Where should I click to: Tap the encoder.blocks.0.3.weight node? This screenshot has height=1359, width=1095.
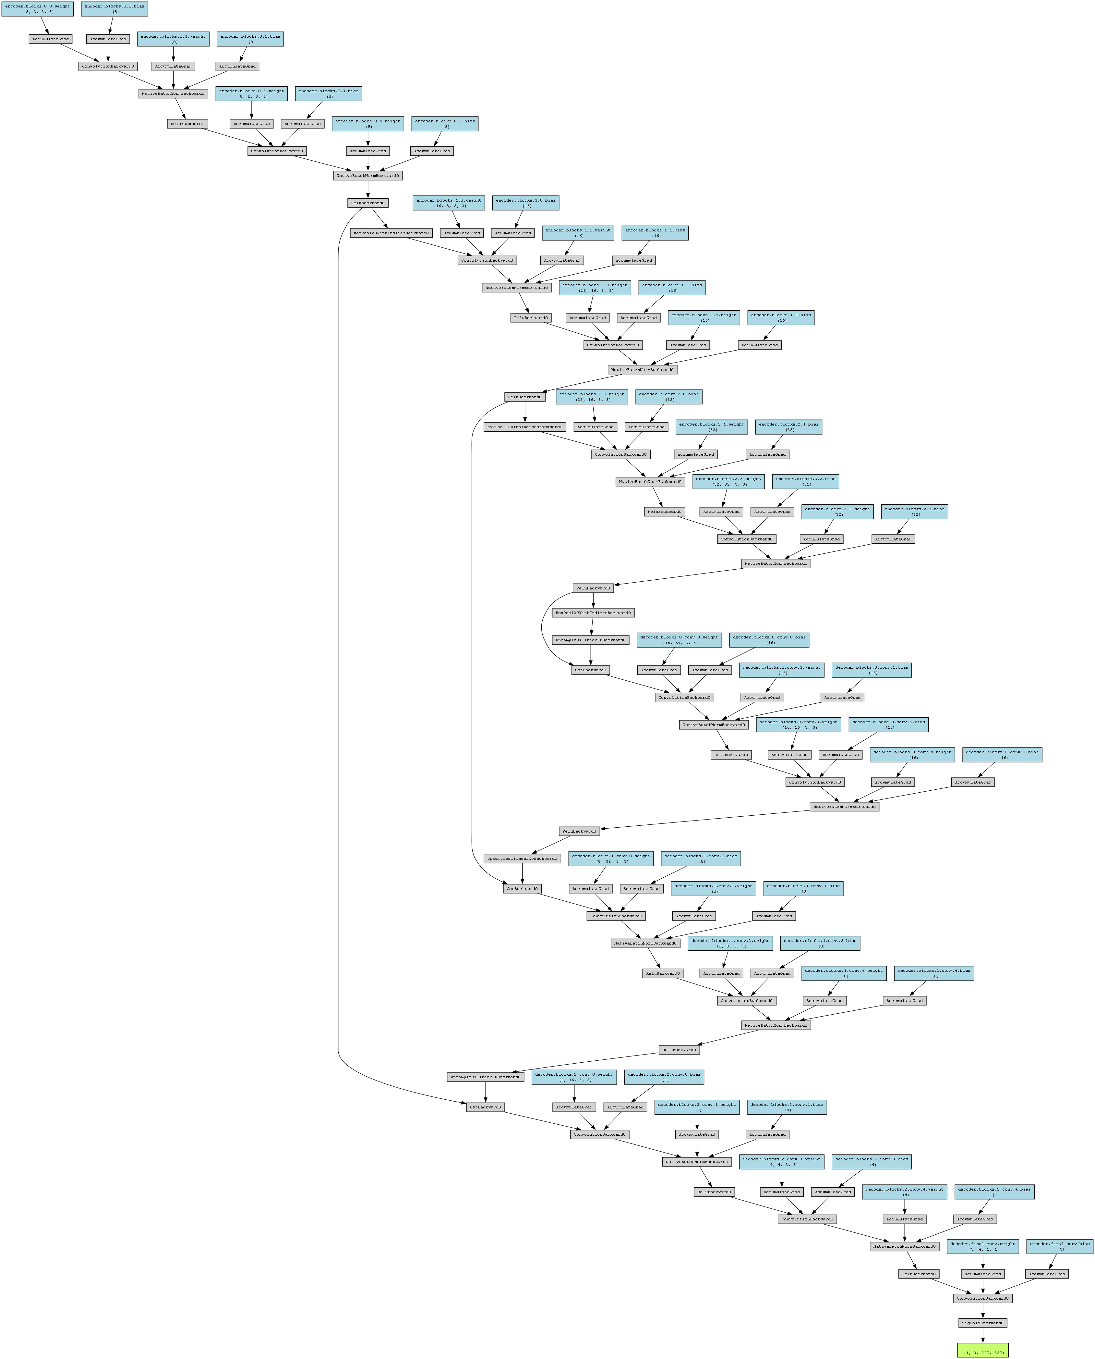(x=252, y=93)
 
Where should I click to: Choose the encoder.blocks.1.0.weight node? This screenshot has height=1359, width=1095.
(x=449, y=203)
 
